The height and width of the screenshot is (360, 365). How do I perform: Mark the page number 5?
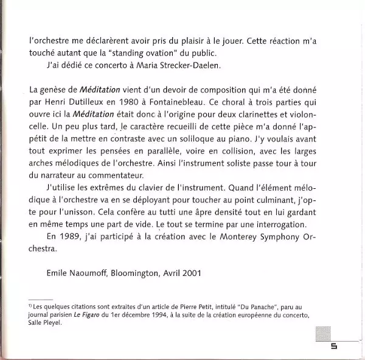click(x=333, y=347)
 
